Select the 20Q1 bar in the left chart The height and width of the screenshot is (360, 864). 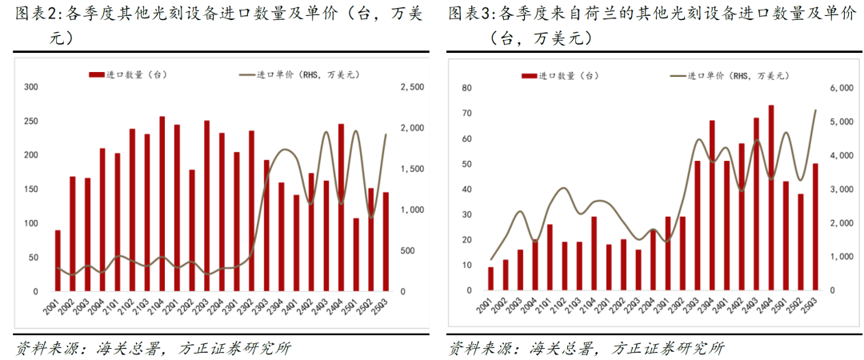pyautogui.click(x=58, y=260)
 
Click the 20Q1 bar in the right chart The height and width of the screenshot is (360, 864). pyautogui.click(x=490, y=278)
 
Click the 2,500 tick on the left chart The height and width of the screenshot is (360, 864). pyautogui.click(x=413, y=87)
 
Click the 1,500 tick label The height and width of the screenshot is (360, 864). pyautogui.click(x=413, y=169)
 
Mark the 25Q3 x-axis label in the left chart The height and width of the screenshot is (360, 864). pyautogui.click(x=385, y=306)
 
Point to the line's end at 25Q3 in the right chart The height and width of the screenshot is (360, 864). pyautogui.click(x=815, y=110)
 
